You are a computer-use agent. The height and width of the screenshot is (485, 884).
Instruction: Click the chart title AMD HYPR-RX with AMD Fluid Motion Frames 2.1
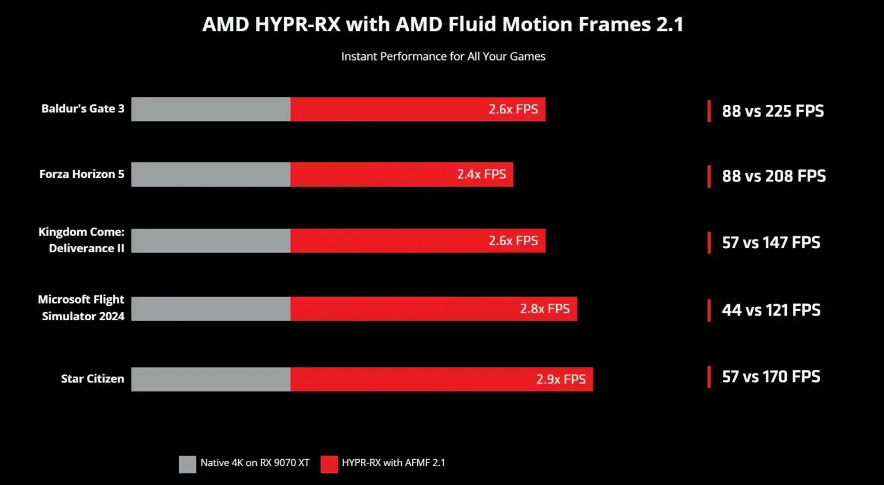coord(443,25)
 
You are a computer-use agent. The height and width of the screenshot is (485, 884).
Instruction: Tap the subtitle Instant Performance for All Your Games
coord(443,56)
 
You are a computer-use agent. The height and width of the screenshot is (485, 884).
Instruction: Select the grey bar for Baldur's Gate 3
coord(211,109)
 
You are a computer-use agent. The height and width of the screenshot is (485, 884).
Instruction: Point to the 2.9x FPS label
coord(561,379)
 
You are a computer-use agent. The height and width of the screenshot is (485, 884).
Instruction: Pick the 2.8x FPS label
coord(544,309)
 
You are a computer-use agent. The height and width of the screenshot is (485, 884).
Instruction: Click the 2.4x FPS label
coord(481,175)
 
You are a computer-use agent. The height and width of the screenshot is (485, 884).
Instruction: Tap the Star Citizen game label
coord(93,379)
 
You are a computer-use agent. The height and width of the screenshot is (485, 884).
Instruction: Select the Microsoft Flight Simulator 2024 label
coord(82,308)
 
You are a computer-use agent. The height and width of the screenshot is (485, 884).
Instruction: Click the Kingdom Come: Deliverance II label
coord(82,240)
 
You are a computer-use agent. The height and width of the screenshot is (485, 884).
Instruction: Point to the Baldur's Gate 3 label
coord(83,109)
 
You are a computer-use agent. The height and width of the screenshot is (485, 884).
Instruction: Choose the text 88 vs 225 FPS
coord(772,111)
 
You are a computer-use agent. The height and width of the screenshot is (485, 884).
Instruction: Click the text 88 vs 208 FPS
coord(773,176)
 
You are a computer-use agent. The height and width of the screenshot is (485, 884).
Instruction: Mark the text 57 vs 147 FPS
coord(771,242)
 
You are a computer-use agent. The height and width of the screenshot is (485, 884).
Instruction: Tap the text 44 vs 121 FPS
coord(771,310)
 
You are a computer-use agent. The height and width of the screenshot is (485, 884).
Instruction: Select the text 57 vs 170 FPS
coord(771,377)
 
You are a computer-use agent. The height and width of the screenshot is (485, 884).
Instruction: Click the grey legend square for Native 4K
coord(188,464)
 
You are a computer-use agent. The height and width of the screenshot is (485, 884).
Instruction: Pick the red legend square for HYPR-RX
coord(329,464)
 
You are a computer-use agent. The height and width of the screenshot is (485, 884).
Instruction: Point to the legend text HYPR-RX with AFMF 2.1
coord(393,463)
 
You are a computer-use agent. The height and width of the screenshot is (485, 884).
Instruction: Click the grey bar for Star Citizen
coord(211,379)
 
